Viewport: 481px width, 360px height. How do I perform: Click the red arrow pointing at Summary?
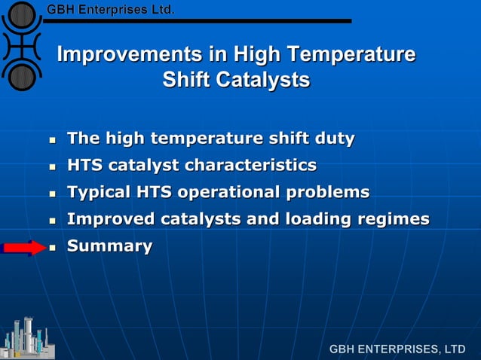click(x=24, y=248)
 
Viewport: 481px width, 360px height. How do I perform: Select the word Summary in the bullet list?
click(x=109, y=246)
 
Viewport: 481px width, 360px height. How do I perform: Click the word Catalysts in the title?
click(x=262, y=79)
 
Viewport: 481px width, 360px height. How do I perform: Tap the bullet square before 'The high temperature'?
click(x=52, y=140)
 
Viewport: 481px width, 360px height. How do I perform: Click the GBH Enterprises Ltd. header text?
click(x=110, y=10)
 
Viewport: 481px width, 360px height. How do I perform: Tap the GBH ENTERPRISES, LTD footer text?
click(x=397, y=349)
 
